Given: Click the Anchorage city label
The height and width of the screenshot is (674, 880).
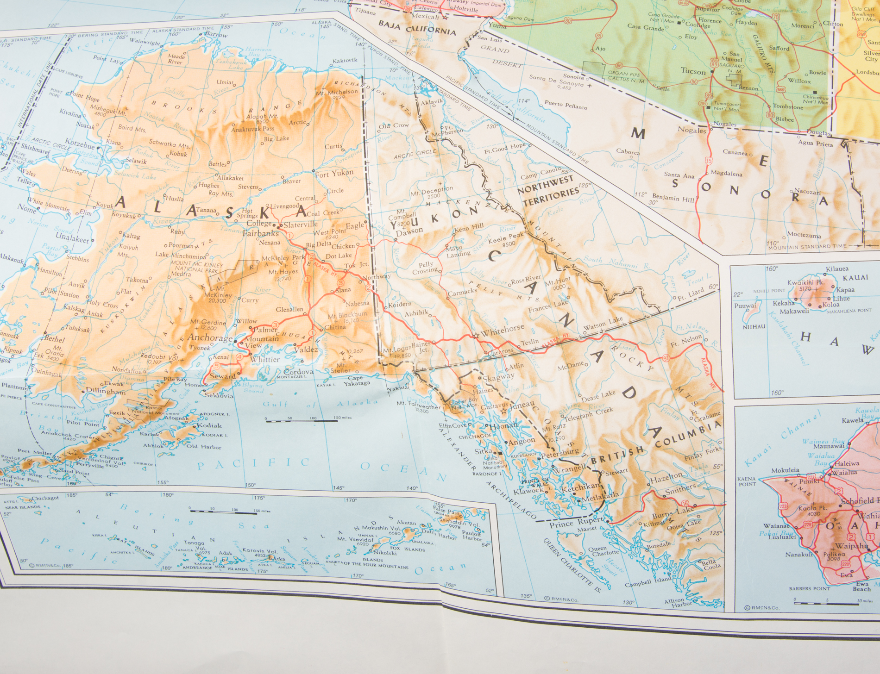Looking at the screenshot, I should click(210, 338).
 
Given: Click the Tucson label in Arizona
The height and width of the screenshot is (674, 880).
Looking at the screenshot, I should click(693, 71).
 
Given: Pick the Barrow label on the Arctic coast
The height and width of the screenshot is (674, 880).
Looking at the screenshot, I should click(216, 35).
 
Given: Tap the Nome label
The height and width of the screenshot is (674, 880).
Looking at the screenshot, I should click(27, 210).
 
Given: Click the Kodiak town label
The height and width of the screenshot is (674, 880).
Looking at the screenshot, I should click(209, 425).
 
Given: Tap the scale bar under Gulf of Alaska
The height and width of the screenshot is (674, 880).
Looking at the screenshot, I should click(302, 420).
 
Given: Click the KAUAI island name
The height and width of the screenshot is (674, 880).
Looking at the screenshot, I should click(855, 278).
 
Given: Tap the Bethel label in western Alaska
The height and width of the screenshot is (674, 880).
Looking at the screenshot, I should click(55, 339).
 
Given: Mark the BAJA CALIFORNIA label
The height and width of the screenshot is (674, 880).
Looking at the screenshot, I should click(417, 28).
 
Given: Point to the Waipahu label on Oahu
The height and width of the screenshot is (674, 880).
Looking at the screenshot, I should click(851, 546).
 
